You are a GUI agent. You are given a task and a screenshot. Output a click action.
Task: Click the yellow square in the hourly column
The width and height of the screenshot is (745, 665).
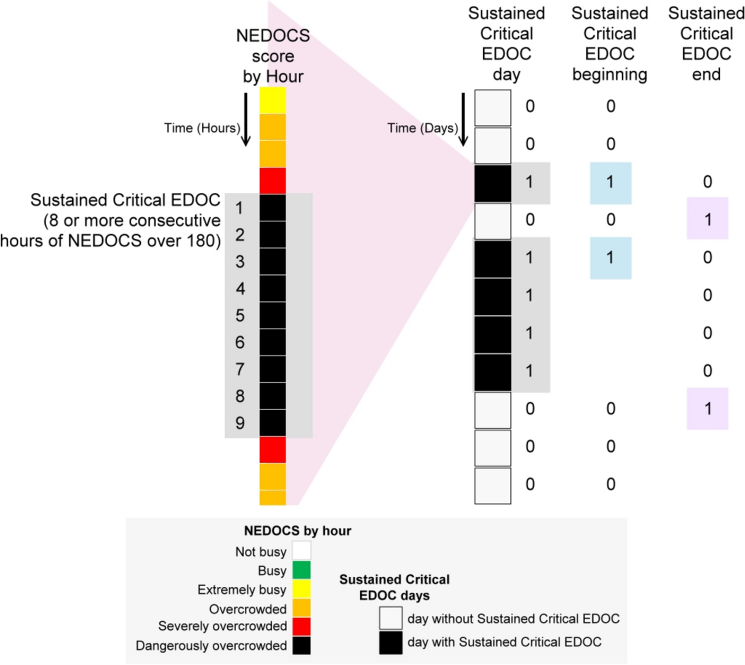272,101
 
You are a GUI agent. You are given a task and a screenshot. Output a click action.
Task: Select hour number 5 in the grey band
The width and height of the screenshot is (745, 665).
240,315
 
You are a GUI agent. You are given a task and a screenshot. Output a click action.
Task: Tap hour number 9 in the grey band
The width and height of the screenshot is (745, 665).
240,423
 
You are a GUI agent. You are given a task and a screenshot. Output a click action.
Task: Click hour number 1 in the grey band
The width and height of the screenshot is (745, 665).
239,208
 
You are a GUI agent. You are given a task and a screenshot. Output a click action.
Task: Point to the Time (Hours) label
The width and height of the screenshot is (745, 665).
202,128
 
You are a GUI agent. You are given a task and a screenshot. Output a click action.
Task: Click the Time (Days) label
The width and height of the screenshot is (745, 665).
422,128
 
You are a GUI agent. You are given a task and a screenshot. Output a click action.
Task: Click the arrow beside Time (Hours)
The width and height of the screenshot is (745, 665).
246,120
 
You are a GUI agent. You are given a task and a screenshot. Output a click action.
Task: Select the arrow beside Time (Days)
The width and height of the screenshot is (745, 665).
463,120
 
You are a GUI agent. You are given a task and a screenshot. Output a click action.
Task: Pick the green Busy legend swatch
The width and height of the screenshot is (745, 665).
301,570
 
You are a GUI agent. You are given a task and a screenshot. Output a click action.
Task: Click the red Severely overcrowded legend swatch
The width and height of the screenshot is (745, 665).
301,626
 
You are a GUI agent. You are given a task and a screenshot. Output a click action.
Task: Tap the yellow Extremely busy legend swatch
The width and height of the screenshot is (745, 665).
301,589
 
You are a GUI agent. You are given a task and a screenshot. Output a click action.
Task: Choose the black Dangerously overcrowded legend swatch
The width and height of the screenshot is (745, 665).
301,645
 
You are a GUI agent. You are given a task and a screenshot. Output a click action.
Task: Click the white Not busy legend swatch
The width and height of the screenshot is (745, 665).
301,550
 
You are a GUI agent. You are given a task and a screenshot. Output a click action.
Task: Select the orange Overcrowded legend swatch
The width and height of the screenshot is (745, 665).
301,608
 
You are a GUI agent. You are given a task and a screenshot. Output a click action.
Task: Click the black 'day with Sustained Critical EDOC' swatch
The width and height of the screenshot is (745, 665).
390,642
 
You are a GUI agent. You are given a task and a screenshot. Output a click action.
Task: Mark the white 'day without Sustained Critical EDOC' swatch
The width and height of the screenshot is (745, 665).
390,618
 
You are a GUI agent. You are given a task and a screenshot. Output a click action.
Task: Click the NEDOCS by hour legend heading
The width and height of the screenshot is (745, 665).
297,531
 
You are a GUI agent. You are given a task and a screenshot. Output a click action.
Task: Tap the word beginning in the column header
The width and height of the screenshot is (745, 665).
610,74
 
